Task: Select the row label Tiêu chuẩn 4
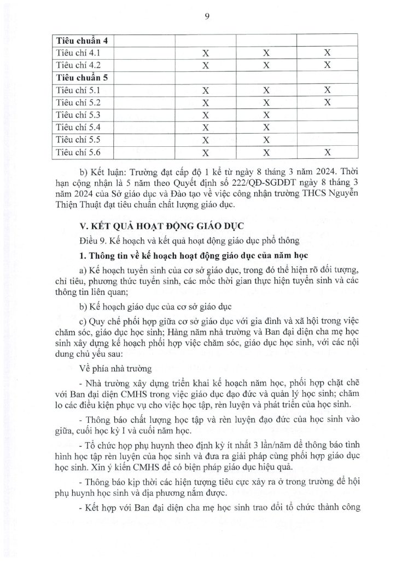tap(80, 41)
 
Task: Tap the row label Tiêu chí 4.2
tap(77, 65)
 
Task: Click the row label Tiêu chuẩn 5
tap(80, 77)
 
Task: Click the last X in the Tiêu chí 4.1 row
tap(327, 53)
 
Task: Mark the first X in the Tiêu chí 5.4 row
tap(206, 128)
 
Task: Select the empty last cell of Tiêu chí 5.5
tap(327, 140)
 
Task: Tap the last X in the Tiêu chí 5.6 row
tap(327, 152)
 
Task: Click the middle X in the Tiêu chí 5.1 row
tap(267, 90)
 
